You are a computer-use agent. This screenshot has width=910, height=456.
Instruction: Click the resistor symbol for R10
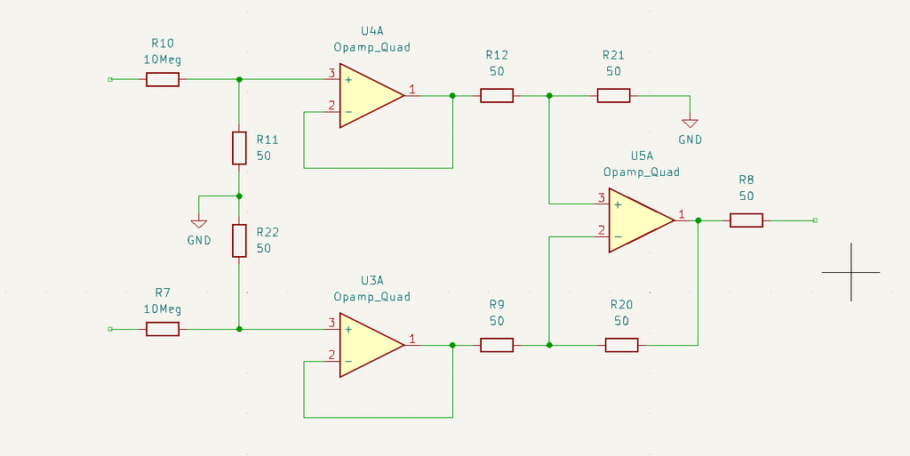point(163,79)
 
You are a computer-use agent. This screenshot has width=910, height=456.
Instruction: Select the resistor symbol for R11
point(239,148)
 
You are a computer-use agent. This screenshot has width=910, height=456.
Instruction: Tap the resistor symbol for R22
point(239,241)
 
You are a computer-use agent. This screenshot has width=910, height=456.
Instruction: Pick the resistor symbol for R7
point(163,329)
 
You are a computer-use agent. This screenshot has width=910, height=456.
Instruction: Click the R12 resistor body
point(497,95)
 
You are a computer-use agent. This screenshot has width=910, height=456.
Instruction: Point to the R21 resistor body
point(613,95)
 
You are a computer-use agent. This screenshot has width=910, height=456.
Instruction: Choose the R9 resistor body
point(497,345)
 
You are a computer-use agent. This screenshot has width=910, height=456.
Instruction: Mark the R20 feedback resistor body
point(622,345)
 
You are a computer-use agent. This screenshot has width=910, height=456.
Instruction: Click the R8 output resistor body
point(746,220)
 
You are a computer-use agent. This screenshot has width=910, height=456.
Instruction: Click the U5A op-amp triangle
point(638,220)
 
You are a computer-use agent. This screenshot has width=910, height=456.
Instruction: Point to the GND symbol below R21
point(690,124)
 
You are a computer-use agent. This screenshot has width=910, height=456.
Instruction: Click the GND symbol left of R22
point(199,223)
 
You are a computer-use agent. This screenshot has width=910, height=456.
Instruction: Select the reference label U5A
point(642,155)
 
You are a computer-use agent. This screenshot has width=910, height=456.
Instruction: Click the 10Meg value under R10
point(163,60)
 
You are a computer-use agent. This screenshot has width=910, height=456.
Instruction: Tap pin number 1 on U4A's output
point(411,89)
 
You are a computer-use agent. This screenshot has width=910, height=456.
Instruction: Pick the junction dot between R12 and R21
point(550,95)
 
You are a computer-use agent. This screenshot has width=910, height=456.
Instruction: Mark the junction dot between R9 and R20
point(550,345)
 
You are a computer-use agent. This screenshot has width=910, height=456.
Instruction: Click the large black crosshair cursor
point(850,272)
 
